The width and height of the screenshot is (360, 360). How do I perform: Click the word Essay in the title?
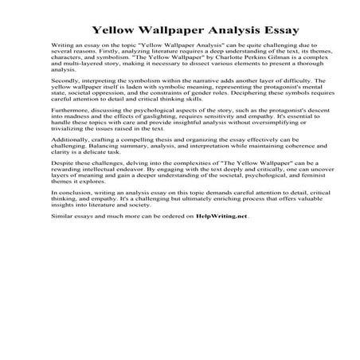[x=262, y=14]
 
